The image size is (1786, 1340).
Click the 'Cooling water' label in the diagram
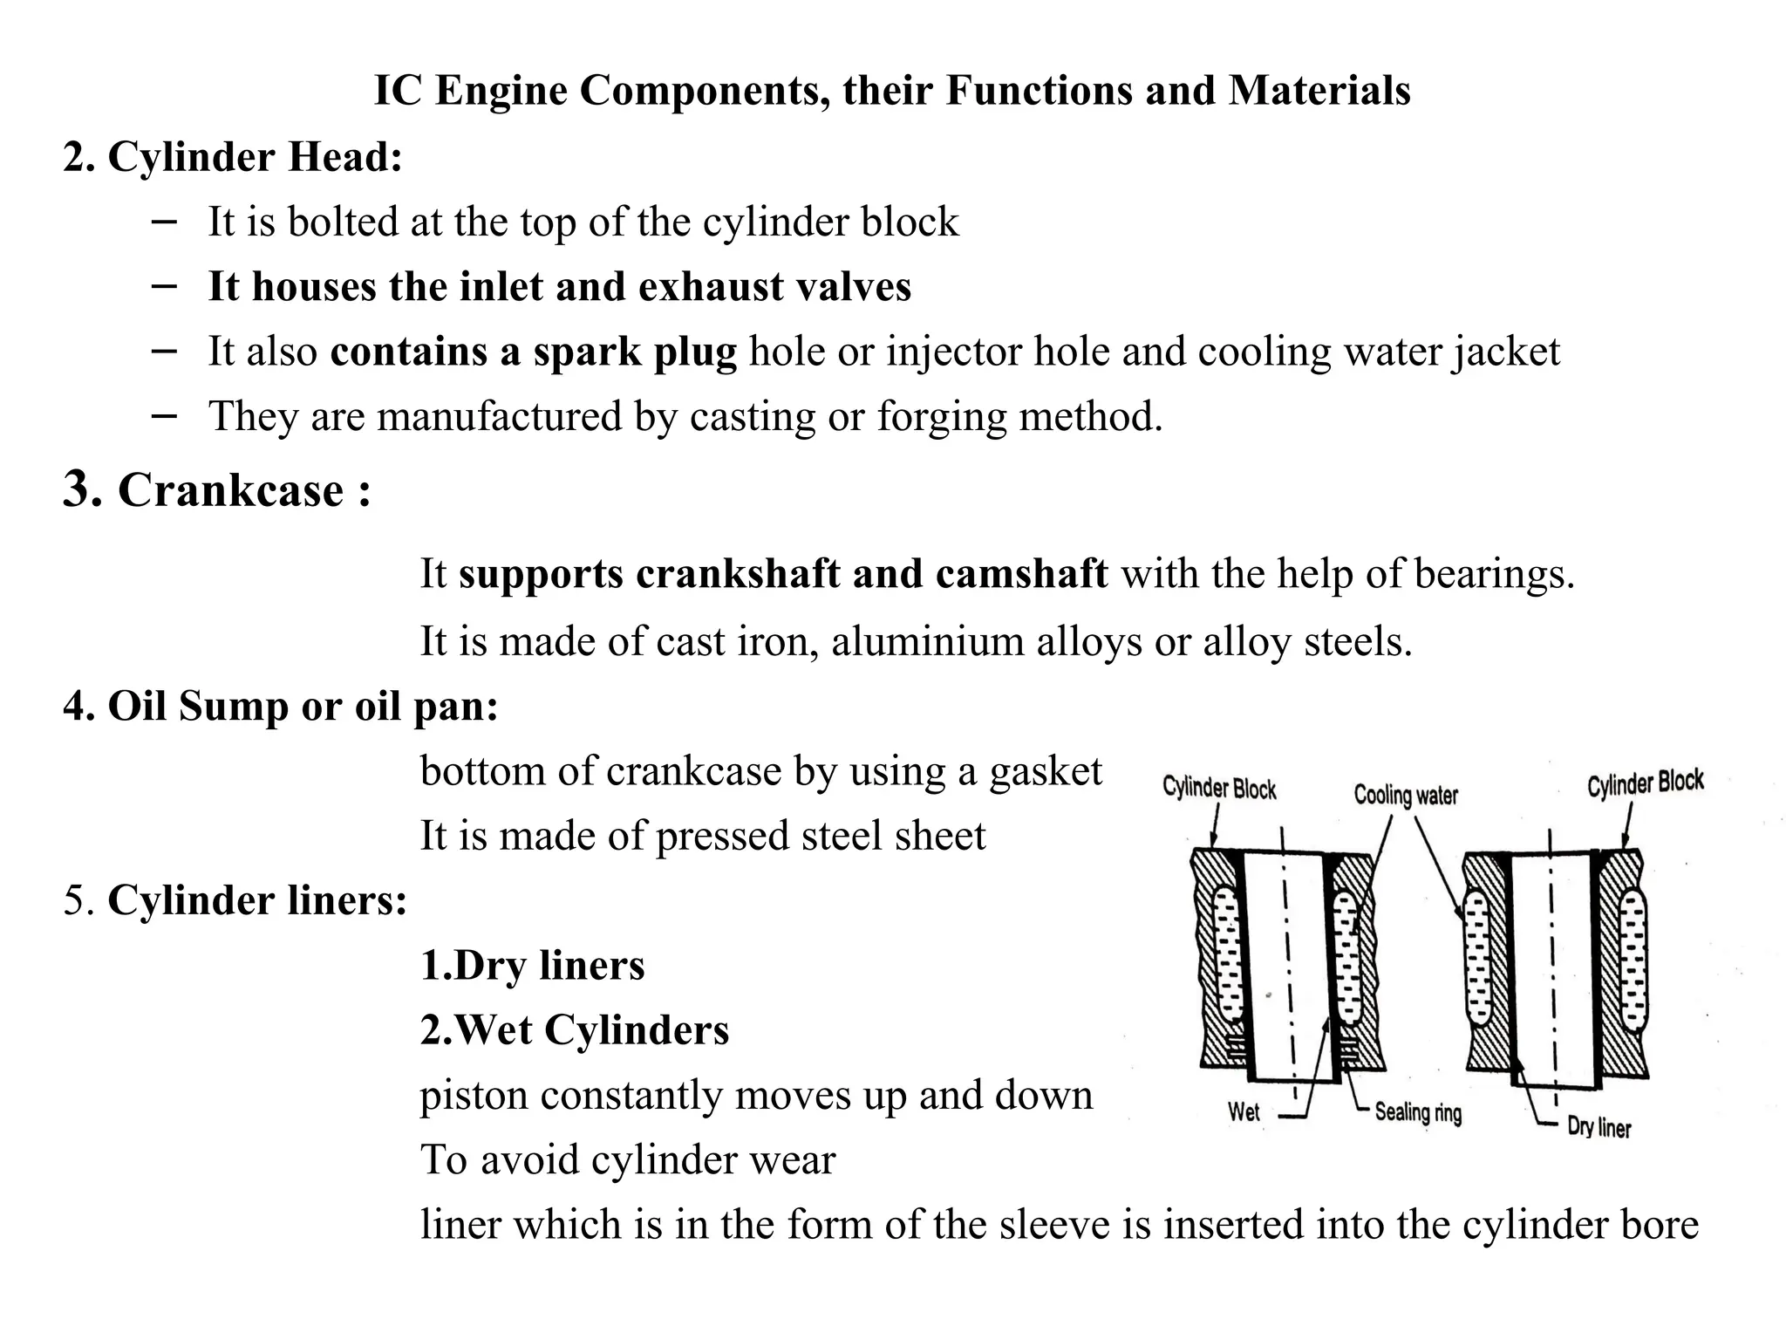pos(1405,795)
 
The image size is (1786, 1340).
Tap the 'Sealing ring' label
pos(1418,1111)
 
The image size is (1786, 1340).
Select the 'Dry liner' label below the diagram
pos(1599,1126)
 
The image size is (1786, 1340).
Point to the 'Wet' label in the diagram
pos(1244,1111)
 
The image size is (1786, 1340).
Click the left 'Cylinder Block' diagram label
pos(1219,789)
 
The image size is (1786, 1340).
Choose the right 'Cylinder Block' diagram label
pos(1645,783)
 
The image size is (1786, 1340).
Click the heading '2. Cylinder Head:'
pos(233,157)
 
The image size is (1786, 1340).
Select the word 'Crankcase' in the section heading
pos(231,489)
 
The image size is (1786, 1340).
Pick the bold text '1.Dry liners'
pos(532,965)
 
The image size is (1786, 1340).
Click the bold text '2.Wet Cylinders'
pos(574,1029)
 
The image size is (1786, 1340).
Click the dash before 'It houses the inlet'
pos(164,285)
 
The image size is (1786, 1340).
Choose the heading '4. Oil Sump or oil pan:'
pos(280,706)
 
